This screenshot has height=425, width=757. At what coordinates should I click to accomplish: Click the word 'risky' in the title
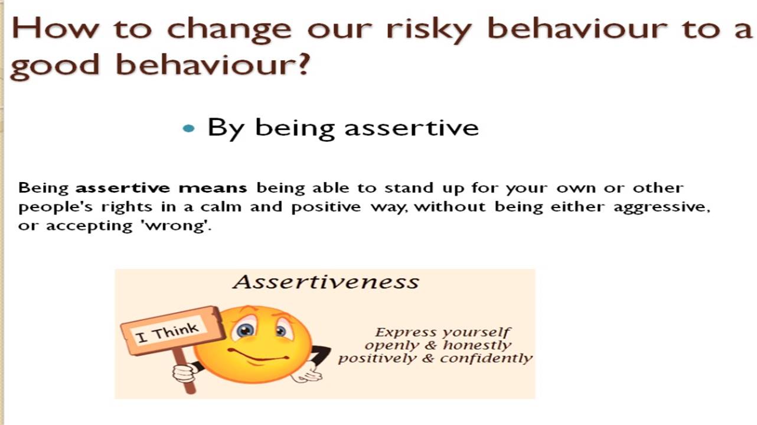[x=429, y=29]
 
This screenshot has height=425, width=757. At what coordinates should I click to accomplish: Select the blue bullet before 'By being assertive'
[x=188, y=128]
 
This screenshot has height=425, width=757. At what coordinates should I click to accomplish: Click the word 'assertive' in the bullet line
[x=412, y=128]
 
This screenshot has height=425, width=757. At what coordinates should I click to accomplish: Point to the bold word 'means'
[x=213, y=188]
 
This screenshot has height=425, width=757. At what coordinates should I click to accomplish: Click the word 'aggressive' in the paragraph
[x=662, y=207]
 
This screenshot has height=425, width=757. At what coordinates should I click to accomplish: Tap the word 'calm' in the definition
[x=221, y=206]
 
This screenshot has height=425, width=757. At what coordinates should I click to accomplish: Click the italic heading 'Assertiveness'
[x=326, y=281]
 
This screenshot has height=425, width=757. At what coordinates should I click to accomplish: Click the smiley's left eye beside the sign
[x=246, y=330]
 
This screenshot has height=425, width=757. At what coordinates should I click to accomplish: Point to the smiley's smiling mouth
[x=259, y=355]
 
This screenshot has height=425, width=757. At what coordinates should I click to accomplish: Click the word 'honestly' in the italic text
[x=477, y=345]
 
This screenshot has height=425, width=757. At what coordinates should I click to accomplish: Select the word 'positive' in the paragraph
[x=326, y=207]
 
